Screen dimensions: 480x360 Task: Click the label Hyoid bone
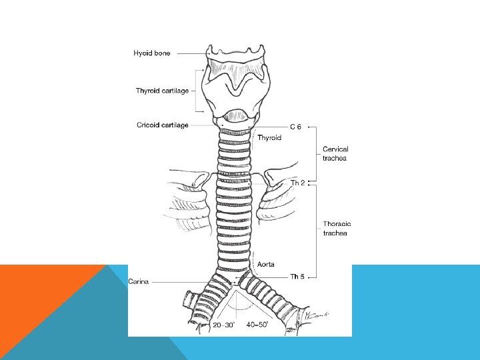(152, 53)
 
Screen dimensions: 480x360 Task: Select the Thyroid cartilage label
(162, 91)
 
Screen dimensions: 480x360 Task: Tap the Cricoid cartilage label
(162, 125)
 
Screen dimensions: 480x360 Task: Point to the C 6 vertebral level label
(295, 126)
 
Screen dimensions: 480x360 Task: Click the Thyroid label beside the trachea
(269, 138)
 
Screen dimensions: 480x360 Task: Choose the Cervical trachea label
(335, 153)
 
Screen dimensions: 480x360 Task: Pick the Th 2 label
(298, 182)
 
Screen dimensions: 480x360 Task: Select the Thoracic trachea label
(337, 228)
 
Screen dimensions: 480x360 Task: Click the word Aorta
(266, 265)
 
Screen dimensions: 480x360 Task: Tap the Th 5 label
(298, 276)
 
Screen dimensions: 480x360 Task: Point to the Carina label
(139, 281)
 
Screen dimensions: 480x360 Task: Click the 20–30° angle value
(223, 325)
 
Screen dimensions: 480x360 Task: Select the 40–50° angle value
(257, 325)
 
